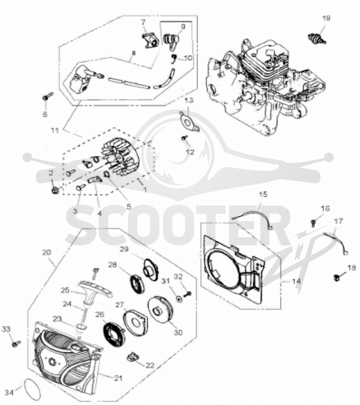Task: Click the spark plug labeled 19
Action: (317, 38)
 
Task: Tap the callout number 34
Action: (10, 392)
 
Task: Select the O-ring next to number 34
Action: (32, 388)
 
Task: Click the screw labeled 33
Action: (16, 344)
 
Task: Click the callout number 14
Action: (297, 281)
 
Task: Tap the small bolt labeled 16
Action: (314, 222)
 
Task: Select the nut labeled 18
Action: (337, 278)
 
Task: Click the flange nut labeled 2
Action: (55, 191)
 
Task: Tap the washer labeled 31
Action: (178, 299)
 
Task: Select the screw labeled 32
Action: (188, 293)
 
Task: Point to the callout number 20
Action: (47, 252)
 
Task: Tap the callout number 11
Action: (54, 131)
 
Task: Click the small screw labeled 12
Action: (184, 138)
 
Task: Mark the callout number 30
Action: (178, 332)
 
